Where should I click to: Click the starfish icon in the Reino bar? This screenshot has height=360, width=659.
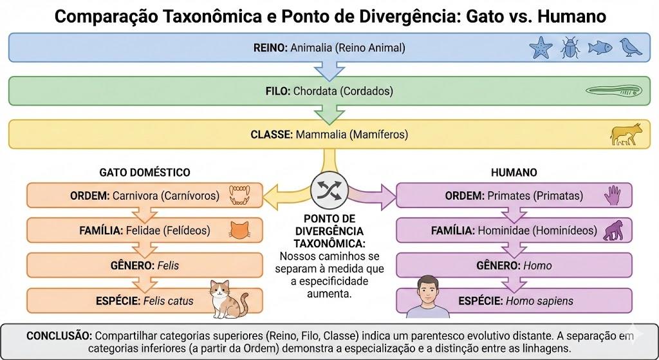tap(541, 47)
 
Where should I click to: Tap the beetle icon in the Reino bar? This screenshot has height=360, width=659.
tap(570, 47)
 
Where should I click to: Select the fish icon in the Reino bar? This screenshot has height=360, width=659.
tap(600, 48)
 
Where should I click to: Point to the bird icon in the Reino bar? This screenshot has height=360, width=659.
tap(631, 47)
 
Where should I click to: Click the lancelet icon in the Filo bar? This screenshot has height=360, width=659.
tap(613, 91)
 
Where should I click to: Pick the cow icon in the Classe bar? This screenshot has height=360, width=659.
tap(626, 134)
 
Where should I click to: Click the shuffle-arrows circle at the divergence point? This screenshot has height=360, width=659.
tap(329, 191)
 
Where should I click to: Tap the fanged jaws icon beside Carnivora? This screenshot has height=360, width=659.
tap(239, 195)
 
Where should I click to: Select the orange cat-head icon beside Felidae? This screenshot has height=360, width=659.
tap(240, 231)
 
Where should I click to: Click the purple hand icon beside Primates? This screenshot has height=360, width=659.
tap(613, 195)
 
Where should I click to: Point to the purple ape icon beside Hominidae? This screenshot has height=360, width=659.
tap(613, 231)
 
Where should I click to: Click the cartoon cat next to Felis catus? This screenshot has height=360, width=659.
tap(229, 299)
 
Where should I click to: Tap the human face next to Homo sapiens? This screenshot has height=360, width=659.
tap(428, 297)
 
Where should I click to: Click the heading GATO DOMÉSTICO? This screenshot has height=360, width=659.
tap(145, 173)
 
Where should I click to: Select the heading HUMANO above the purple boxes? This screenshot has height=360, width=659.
tap(514, 173)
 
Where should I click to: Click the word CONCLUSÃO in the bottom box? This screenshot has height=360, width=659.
tap(59, 336)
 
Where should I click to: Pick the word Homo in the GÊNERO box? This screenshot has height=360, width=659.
tap(537, 266)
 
